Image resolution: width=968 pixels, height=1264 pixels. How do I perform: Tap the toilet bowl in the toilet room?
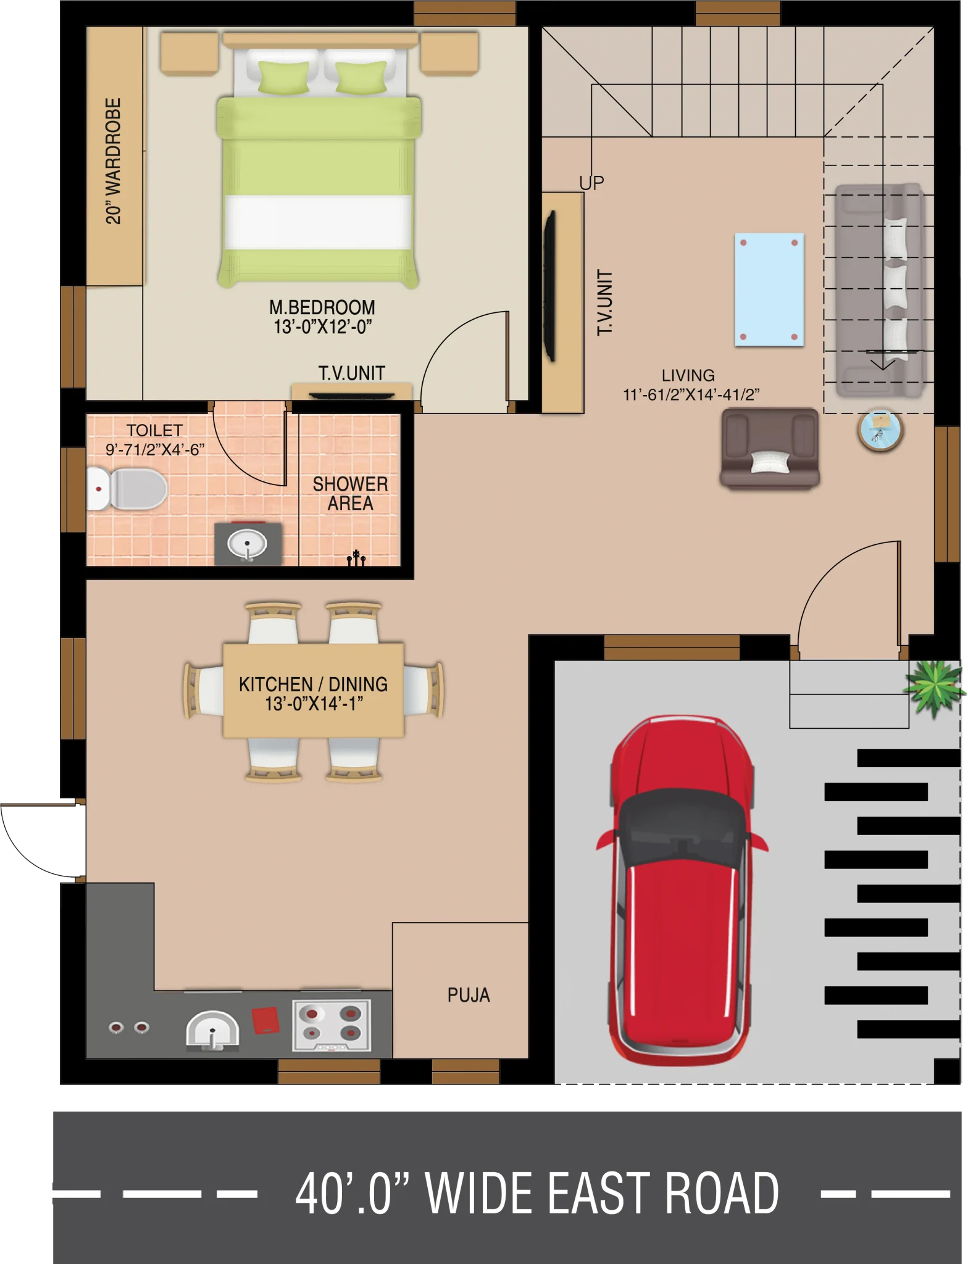tap(127, 489)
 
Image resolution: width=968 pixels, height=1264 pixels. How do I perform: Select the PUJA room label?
tap(469, 995)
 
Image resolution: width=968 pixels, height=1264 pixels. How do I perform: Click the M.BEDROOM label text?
tap(322, 307)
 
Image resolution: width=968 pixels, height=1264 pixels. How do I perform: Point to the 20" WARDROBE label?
tap(114, 161)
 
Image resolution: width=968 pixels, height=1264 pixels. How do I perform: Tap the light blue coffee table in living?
tap(769, 289)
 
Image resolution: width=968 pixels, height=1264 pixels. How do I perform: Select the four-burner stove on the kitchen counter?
tap(332, 1026)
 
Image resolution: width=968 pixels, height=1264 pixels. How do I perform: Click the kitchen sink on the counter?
tap(212, 1030)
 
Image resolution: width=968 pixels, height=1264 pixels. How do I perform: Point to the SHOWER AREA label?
tap(350, 494)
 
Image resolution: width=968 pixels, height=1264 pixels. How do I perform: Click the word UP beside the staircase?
tap(591, 183)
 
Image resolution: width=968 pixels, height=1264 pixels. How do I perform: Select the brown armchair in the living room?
tap(770, 449)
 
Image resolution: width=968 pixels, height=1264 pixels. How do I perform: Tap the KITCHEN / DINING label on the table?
tap(313, 684)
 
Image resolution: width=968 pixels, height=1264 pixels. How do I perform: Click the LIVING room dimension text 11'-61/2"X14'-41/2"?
tap(691, 394)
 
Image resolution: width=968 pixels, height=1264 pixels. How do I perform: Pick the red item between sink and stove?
tap(265, 1020)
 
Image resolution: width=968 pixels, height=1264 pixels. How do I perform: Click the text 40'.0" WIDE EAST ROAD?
tap(537, 1194)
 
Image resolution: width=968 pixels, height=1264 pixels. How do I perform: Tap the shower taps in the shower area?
tap(356, 558)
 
